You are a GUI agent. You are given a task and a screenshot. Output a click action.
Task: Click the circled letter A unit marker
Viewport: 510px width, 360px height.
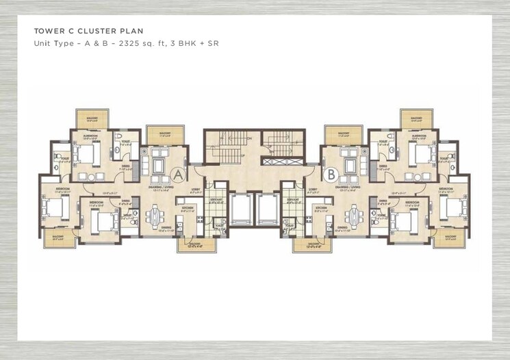pos(179,175)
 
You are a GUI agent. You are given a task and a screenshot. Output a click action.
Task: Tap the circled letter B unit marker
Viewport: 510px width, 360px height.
pos(331,175)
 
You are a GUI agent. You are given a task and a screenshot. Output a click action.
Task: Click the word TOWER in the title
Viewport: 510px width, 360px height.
pos(50,31)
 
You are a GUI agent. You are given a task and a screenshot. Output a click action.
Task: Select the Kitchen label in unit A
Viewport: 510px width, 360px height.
pos(188,207)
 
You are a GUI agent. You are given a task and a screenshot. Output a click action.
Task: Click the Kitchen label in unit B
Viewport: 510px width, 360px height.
pos(319,207)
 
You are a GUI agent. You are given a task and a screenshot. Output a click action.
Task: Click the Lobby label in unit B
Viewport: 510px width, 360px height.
pos(313,189)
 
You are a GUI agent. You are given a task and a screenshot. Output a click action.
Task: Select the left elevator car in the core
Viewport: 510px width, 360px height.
pos(242,208)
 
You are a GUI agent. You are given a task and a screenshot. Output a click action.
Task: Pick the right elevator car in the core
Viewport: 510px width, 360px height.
pos(268,208)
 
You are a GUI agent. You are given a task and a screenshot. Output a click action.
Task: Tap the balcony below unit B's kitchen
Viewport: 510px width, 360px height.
pos(307,244)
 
